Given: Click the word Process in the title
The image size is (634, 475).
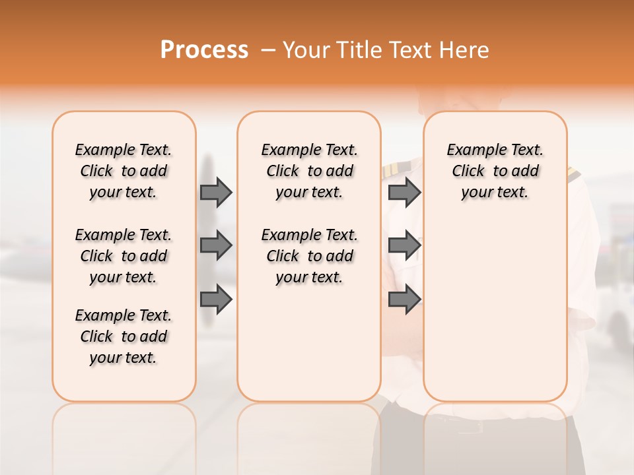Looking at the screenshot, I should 204,50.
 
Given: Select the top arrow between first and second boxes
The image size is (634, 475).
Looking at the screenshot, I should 216,193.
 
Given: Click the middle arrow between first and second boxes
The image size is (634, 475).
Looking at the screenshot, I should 216,246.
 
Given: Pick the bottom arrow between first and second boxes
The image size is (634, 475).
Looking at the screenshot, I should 216,300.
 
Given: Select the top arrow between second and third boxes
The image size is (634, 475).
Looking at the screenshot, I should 404,193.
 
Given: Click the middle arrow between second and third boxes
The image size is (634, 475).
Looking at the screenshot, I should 404,246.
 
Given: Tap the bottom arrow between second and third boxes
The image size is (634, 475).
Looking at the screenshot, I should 404,300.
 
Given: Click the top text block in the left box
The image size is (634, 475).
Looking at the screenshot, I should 123,171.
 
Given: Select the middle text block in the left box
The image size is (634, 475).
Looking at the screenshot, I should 123,256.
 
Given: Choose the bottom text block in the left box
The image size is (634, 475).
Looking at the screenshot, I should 123,336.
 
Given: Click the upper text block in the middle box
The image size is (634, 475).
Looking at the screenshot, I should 309,171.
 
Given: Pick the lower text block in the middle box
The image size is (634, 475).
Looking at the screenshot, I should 309,256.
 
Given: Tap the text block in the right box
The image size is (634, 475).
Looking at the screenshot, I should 495,171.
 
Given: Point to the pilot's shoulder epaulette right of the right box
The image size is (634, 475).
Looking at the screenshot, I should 573,173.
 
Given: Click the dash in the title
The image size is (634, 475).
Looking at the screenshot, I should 267,50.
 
